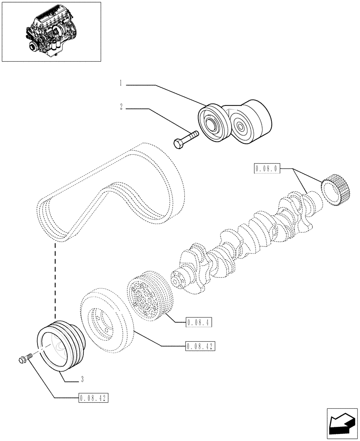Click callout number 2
pos(120,107)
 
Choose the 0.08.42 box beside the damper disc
pos(200,347)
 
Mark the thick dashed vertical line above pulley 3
pos(55,282)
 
